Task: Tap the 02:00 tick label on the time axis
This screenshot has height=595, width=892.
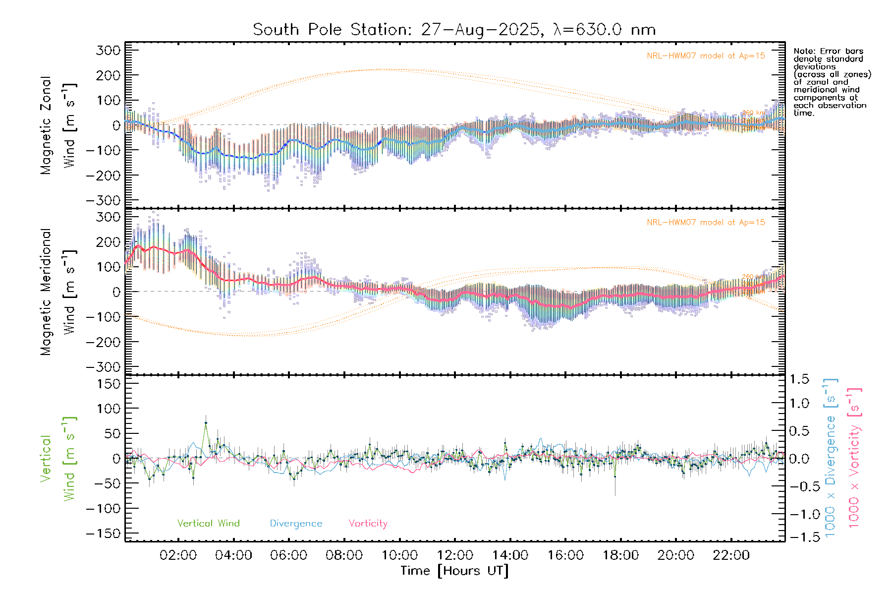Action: (x=178, y=555)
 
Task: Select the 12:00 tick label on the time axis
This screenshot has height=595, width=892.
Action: (x=454, y=555)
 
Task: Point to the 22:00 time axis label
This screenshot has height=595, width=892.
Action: (x=731, y=555)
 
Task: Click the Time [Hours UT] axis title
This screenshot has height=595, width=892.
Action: (x=454, y=571)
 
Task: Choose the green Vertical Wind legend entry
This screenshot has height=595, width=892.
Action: (x=208, y=524)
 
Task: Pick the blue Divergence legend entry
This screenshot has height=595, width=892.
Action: (x=296, y=524)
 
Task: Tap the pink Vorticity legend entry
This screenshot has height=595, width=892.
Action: (x=368, y=524)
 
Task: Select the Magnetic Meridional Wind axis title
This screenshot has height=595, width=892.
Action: (x=57, y=292)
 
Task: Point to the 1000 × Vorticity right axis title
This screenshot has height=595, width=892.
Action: (x=854, y=458)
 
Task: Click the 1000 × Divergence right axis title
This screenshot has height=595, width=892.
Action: (x=831, y=458)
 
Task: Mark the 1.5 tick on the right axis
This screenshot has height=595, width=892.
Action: (x=799, y=379)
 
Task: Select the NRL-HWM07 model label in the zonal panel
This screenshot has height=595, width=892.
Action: (x=706, y=56)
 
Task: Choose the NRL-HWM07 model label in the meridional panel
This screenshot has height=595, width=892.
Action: (x=706, y=223)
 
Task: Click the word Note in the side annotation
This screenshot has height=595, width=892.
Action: (x=803, y=51)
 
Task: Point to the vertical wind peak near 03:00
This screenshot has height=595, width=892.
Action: (x=206, y=423)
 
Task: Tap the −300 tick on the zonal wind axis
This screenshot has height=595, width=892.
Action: (x=103, y=201)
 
